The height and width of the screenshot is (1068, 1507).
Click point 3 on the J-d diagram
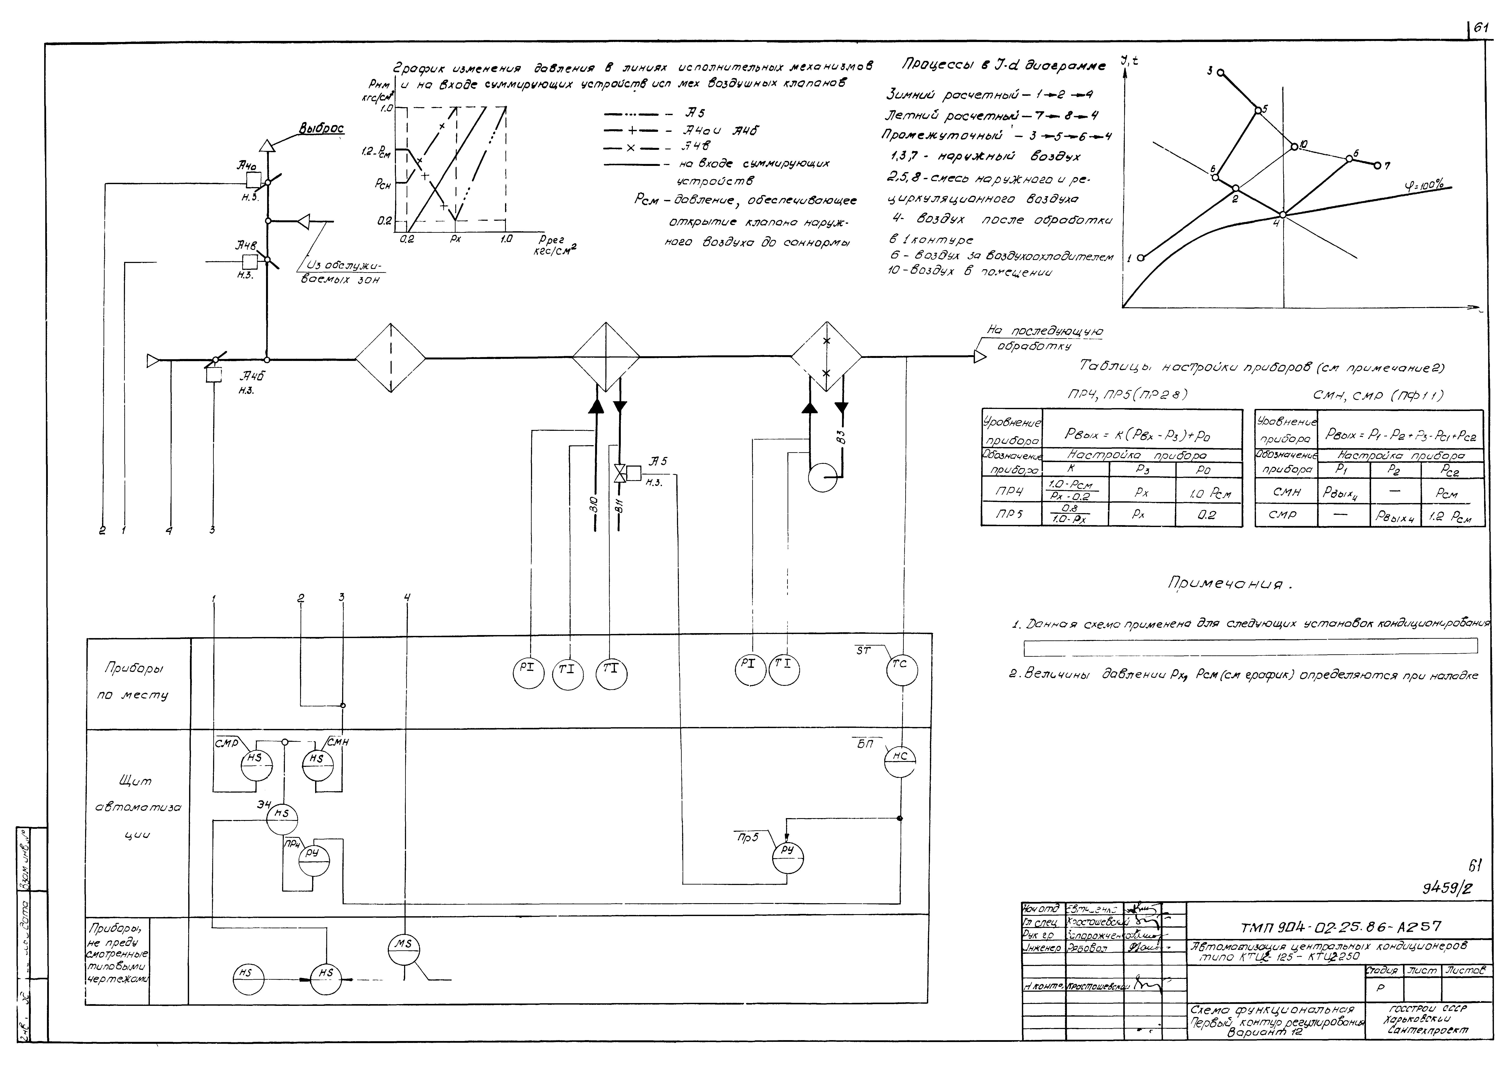pyautogui.click(x=1220, y=73)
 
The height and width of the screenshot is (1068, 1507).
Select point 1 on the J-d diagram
pyautogui.click(x=1141, y=258)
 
